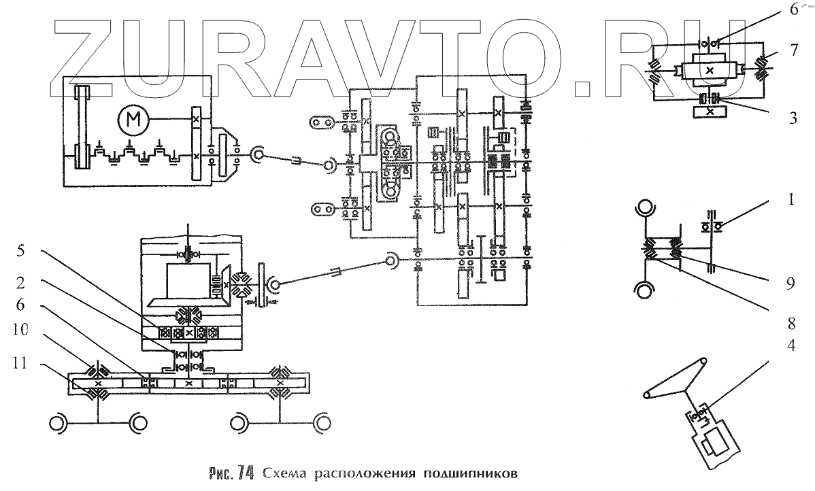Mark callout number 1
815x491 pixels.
[x=792, y=201]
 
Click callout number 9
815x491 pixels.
[x=791, y=283]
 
